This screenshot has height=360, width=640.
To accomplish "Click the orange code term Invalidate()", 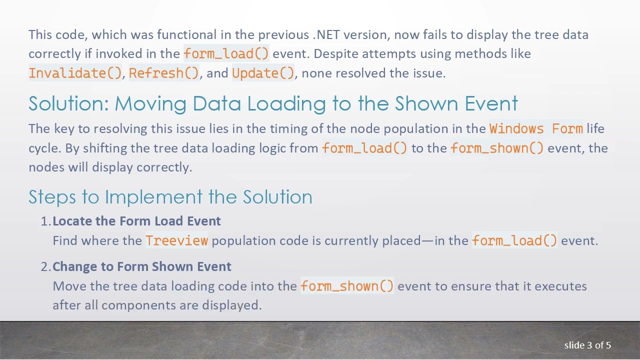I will tap(75, 73).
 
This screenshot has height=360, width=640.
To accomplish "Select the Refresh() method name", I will tap(164, 73).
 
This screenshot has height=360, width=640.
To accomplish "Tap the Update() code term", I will tap(263, 73).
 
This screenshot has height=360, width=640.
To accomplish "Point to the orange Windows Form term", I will tap(536, 128).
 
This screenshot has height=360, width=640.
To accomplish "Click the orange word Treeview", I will tap(176, 240).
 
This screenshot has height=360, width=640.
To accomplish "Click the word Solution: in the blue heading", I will tap(69, 103).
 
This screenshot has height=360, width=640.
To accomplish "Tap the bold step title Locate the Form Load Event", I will tap(136, 221).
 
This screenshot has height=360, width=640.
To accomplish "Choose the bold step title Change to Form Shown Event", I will tap(141, 266).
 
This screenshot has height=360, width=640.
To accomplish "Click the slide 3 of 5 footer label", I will tap(587, 345).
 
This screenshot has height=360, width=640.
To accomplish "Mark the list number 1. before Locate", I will tap(45, 221).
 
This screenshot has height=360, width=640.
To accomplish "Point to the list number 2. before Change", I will tap(45, 266).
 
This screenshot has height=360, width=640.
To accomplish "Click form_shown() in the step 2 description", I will tap(347, 286).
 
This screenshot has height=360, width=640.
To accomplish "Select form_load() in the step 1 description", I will tap(514, 240).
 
